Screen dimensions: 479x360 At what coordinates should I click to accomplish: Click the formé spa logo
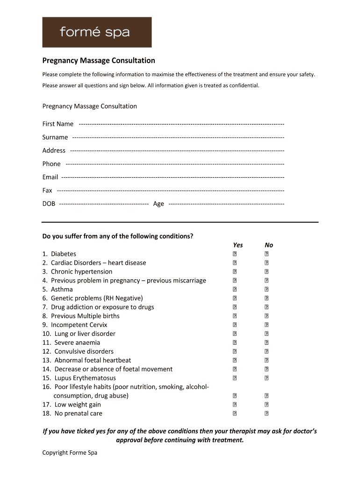(x=97, y=32)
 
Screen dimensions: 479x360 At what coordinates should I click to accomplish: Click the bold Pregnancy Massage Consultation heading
(x=99, y=61)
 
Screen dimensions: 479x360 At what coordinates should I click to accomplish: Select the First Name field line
(x=181, y=124)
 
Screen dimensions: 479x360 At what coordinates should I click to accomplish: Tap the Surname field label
(x=55, y=138)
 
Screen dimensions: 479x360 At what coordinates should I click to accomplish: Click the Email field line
(x=173, y=177)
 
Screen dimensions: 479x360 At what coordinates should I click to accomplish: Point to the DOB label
(x=49, y=204)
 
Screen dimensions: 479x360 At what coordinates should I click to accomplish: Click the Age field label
(x=158, y=204)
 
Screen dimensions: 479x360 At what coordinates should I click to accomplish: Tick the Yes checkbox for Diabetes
(x=235, y=254)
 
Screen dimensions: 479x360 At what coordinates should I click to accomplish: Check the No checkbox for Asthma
(x=266, y=290)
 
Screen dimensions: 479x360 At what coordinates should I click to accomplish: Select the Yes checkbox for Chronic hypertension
(x=235, y=272)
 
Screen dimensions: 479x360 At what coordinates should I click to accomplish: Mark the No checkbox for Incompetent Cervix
(x=266, y=325)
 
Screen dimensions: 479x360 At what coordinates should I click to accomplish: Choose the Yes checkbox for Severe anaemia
(x=235, y=343)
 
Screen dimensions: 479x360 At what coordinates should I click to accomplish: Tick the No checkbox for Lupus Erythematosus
(x=266, y=378)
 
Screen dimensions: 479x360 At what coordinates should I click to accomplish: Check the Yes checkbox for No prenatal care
(x=235, y=414)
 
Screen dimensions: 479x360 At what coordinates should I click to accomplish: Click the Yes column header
(x=238, y=245)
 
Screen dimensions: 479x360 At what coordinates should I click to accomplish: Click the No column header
(x=269, y=245)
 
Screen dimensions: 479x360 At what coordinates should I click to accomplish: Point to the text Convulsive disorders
(x=84, y=351)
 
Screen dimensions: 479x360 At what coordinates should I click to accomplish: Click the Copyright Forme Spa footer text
(x=70, y=453)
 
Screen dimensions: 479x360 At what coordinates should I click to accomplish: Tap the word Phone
(x=51, y=164)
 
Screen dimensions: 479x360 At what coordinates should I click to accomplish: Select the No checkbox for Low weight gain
(x=266, y=405)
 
